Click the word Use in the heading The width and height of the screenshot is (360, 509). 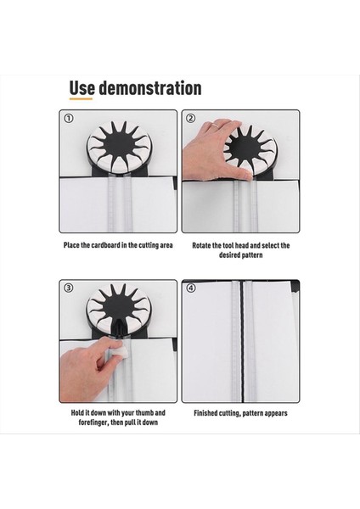(82, 88)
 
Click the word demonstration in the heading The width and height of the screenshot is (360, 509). (150, 88)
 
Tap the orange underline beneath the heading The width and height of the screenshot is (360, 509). (81, 98)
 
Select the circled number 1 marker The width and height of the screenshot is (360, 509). (68, 119)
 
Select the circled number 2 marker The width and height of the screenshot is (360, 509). (190, 118)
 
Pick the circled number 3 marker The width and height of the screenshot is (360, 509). (68, 288)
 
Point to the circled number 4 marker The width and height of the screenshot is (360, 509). (191, 288)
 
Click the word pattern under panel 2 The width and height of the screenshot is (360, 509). (252, 255)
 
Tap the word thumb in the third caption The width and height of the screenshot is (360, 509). (144, 413)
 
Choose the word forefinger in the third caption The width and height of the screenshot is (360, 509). (93, 422)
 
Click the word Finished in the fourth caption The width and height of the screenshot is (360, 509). (205, 413)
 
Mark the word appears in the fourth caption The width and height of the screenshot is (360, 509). (276, 414)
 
